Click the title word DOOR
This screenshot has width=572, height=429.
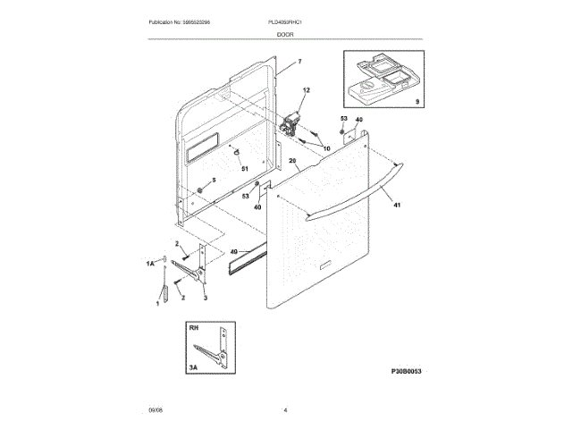tap(286, 34)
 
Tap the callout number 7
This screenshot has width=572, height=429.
tap(299, 61)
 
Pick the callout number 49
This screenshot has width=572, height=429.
tap(235, 252)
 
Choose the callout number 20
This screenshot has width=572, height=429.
tap(292, 162)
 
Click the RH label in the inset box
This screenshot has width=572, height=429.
tap(193, 329)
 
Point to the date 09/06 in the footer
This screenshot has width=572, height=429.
tap(156, 409)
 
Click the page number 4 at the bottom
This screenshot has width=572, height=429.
tap(285, 409)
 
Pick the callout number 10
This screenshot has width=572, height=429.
tap(326, 147)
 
